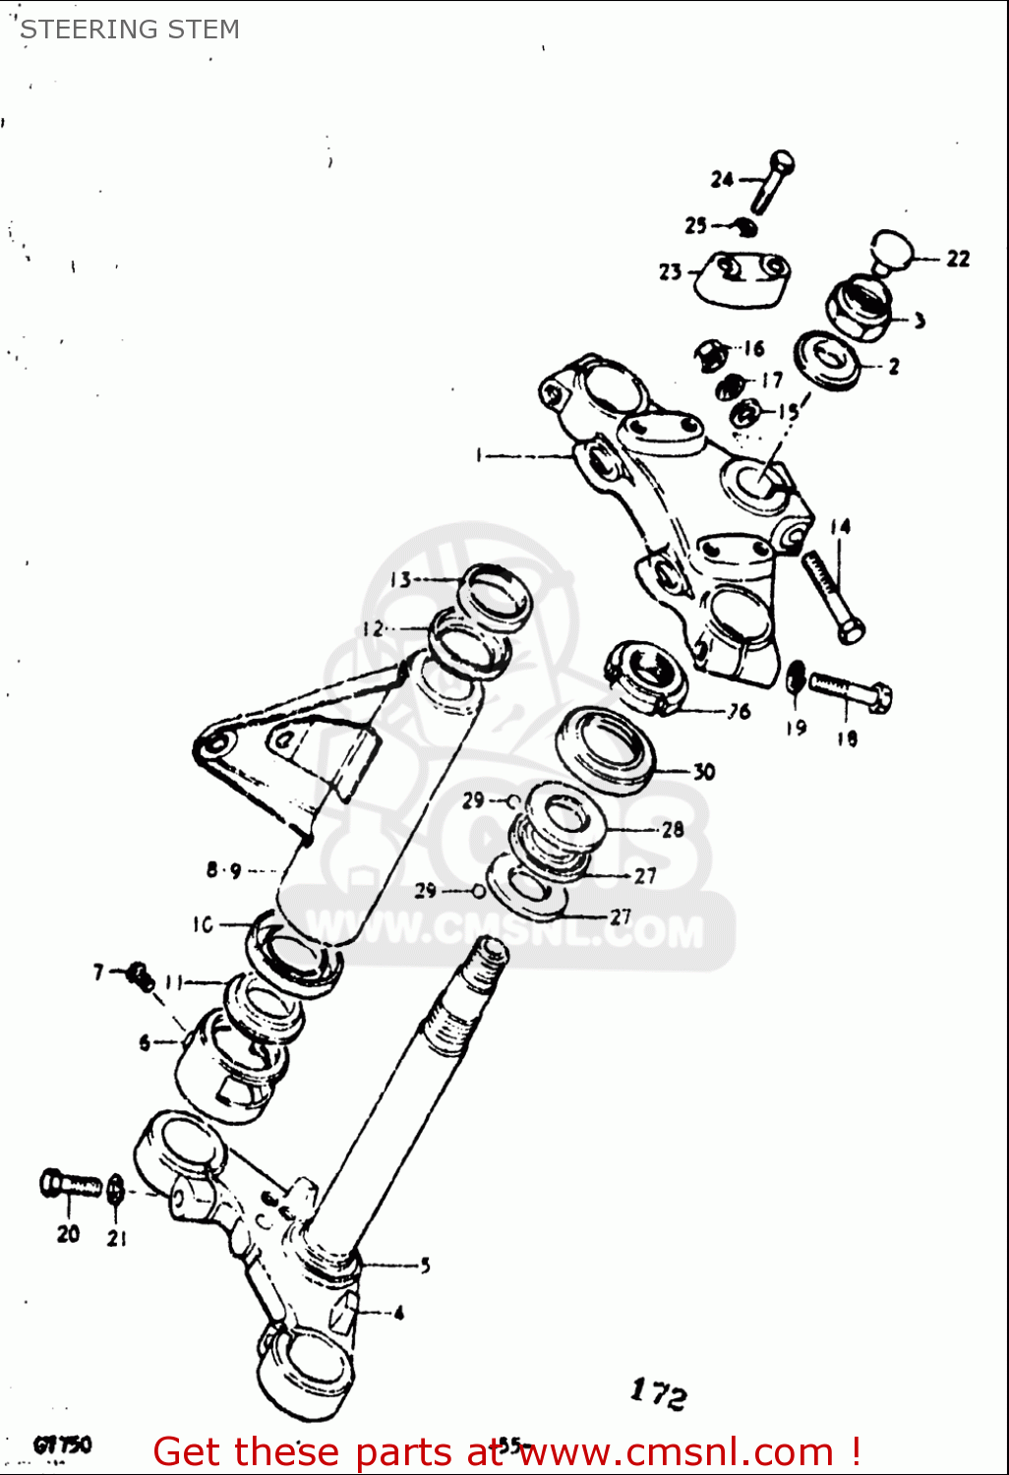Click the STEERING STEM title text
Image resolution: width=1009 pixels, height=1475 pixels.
(x=130, y=29)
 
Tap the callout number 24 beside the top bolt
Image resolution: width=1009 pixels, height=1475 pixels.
(x=722, y=179)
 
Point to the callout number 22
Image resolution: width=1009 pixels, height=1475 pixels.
(x=958, y=259)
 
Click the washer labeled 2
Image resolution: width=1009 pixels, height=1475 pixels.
(x=827, y=361)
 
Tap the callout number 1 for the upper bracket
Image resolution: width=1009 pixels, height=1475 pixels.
(x=479, y=455)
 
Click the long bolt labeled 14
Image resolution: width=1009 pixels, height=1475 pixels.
(x=832, y=596)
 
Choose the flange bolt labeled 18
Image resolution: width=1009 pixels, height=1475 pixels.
(x=850, y=691)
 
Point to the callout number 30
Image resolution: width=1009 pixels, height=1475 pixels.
(x=704, y=772)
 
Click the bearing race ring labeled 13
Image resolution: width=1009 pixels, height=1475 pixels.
(x=495, y=594)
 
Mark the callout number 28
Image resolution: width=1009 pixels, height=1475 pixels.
(x=673, y=830)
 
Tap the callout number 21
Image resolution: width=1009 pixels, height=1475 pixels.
(x=117, y=1238)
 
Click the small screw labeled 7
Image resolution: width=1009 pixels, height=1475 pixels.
(x=140, y=975)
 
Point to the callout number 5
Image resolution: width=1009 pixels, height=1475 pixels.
(x=425, y=1266)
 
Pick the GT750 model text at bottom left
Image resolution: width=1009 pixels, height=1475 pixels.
(x=62, y=1445)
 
